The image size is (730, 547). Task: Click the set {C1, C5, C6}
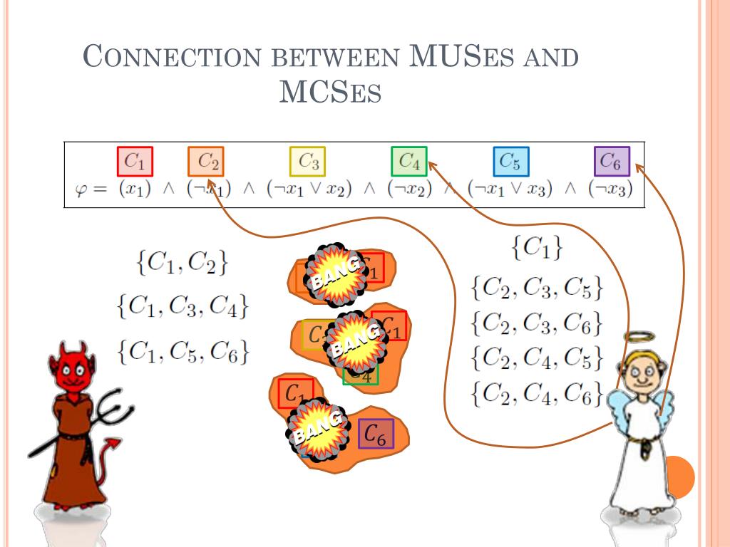pos(183,350)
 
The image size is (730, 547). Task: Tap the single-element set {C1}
pos(537,247)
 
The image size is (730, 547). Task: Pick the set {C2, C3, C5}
pos(537,287)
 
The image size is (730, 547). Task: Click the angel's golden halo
pos(638,336)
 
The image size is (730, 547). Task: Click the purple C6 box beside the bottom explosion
pos(376,433)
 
